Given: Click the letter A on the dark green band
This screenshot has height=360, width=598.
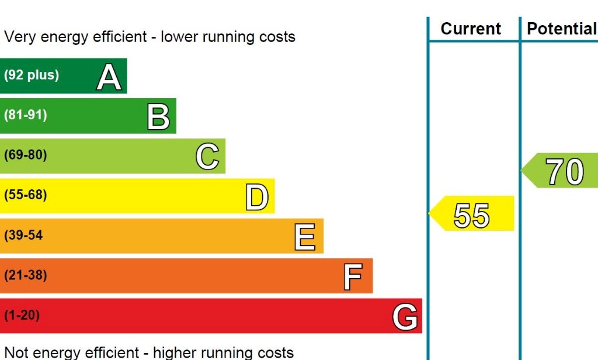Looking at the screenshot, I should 109,77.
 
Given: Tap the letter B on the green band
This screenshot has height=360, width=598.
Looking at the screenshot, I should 158,116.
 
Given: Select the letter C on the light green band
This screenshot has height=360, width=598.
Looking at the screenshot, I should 207,157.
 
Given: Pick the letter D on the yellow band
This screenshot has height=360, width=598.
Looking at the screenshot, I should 257,197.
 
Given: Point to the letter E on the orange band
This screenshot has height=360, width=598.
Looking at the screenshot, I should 305,237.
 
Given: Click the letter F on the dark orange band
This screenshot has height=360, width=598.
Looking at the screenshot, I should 353,276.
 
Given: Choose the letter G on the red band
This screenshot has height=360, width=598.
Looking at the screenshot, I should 405,317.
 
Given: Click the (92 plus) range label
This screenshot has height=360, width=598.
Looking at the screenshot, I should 32,75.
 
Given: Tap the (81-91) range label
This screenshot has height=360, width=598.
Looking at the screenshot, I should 26,115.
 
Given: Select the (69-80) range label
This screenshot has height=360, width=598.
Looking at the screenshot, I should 26,155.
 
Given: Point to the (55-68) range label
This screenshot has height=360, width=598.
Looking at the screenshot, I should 26,195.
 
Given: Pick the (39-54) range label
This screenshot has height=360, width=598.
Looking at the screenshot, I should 23,236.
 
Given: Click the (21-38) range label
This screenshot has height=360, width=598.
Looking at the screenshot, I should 26,275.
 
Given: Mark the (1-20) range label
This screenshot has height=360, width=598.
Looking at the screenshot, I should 22,316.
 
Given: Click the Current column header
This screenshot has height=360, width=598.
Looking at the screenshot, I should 471,29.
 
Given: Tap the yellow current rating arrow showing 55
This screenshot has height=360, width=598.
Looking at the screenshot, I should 472,214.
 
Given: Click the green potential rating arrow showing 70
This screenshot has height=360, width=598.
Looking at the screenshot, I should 561,171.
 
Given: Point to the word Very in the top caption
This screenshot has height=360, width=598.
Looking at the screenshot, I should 19,37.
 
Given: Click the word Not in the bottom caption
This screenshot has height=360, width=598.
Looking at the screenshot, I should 16,352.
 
